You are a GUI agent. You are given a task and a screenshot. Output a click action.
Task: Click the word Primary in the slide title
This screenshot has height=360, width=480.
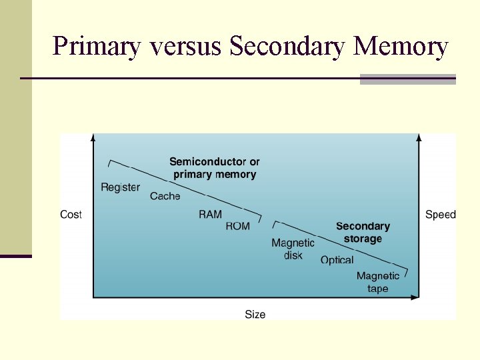tap(97, 47)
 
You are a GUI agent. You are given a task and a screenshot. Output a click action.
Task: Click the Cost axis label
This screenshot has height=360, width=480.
tap(71, 215)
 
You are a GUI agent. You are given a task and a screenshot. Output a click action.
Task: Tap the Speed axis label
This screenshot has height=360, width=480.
tap(441, 215)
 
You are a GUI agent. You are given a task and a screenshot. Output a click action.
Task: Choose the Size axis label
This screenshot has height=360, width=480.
tap(255, 314)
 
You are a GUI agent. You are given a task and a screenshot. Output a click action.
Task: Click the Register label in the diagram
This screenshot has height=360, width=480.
tap(120, 187)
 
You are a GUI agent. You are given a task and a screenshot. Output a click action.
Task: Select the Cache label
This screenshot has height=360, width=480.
tap(165, 196)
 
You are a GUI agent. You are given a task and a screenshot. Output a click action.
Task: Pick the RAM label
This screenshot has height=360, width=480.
tap(210, 214)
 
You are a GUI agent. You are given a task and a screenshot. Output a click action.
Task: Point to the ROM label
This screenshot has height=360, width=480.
tap(237, 226)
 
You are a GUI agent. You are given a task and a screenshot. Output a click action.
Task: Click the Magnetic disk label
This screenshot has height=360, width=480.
tap(293, 249)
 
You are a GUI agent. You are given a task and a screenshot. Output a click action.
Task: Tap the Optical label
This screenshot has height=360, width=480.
tap(337, 260)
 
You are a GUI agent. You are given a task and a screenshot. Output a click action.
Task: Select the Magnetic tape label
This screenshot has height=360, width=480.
tap(378, 282)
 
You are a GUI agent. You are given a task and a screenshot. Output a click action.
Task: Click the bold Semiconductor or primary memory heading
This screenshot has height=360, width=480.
tap(215, 168)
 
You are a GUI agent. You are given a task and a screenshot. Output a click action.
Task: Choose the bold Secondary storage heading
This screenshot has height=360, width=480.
tap(363, 233)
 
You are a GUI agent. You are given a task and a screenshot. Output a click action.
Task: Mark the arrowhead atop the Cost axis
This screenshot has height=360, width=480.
tap(93, 137)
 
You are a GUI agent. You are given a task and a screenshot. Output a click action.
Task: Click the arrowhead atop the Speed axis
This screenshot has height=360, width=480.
tap(419, 137)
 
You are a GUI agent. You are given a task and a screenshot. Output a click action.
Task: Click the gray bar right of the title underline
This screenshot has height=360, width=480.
tap(407, 79)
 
